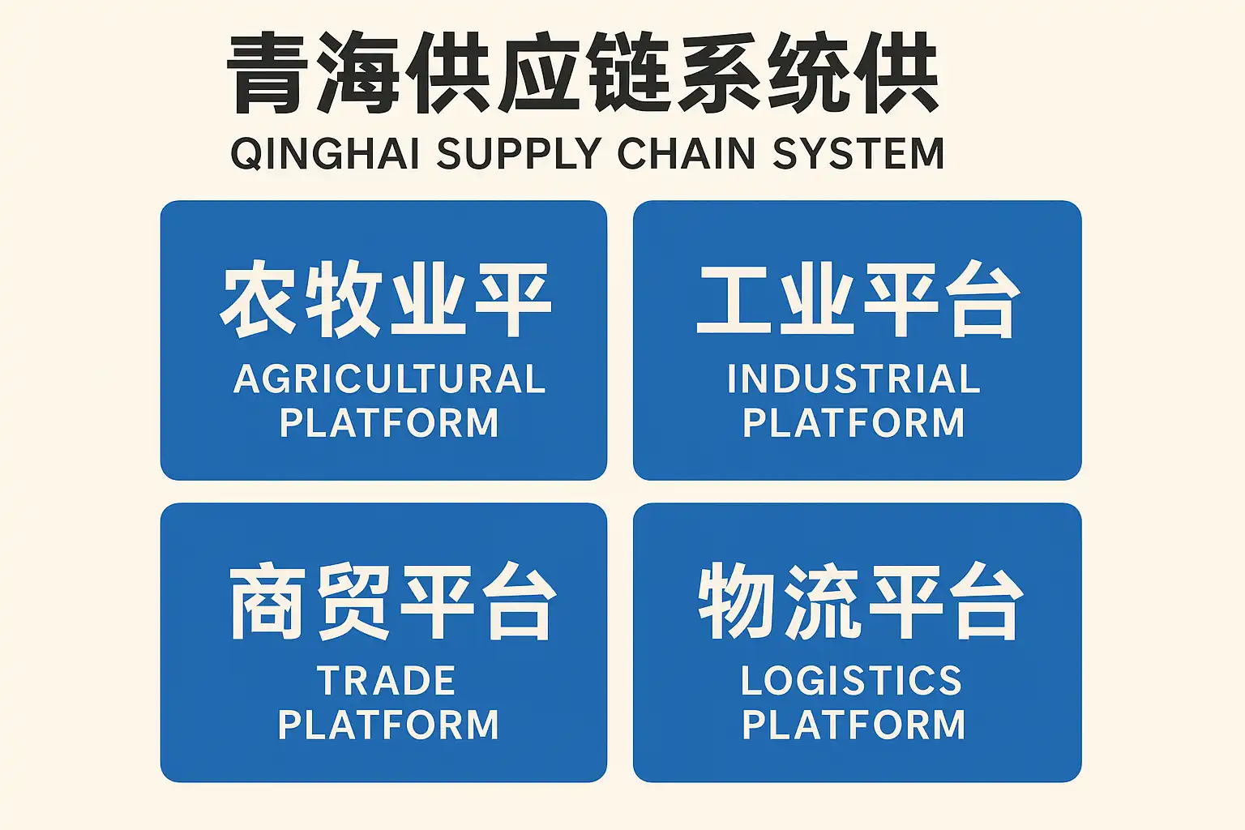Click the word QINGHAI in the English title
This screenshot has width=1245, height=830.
325,153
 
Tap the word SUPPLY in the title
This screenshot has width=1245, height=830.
519,153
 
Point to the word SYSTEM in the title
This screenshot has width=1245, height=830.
858,153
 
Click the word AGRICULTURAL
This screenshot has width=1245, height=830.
389,379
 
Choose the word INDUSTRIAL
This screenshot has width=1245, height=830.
854,379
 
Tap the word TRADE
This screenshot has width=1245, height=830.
387,681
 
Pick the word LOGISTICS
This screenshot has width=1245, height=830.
852,681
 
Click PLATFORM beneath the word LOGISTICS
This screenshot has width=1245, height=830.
854,725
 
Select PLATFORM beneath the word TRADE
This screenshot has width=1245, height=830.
388,725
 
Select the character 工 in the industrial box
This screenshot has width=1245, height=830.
733,299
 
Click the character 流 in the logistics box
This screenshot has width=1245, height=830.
824,601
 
